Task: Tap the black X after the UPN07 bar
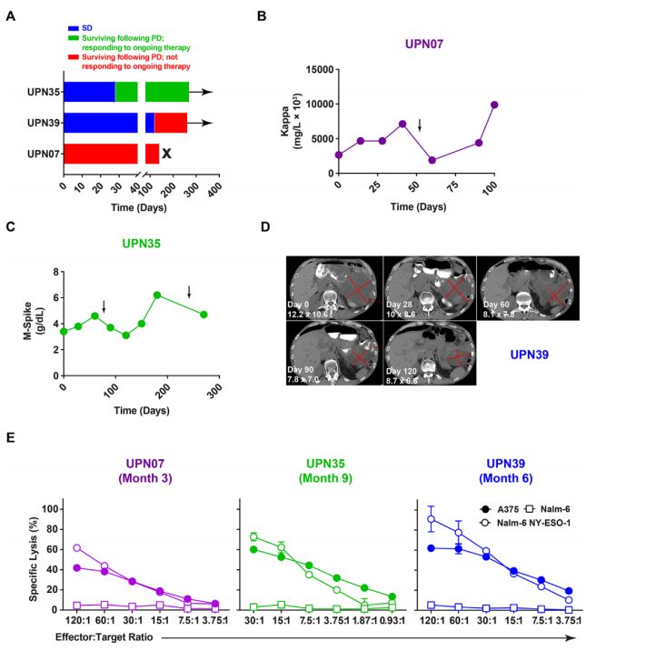pyautogui.click(x=167, y=154)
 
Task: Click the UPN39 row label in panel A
pyautogui.click(x=44, y=123)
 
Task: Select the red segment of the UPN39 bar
pyautogui.click(x=170, y=123)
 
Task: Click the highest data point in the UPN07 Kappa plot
pyautogui.click(x=494, y=105)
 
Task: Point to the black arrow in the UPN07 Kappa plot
pyautogui.click(x=419, y=125)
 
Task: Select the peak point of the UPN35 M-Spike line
pyautogui.click(x=157, y=295)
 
